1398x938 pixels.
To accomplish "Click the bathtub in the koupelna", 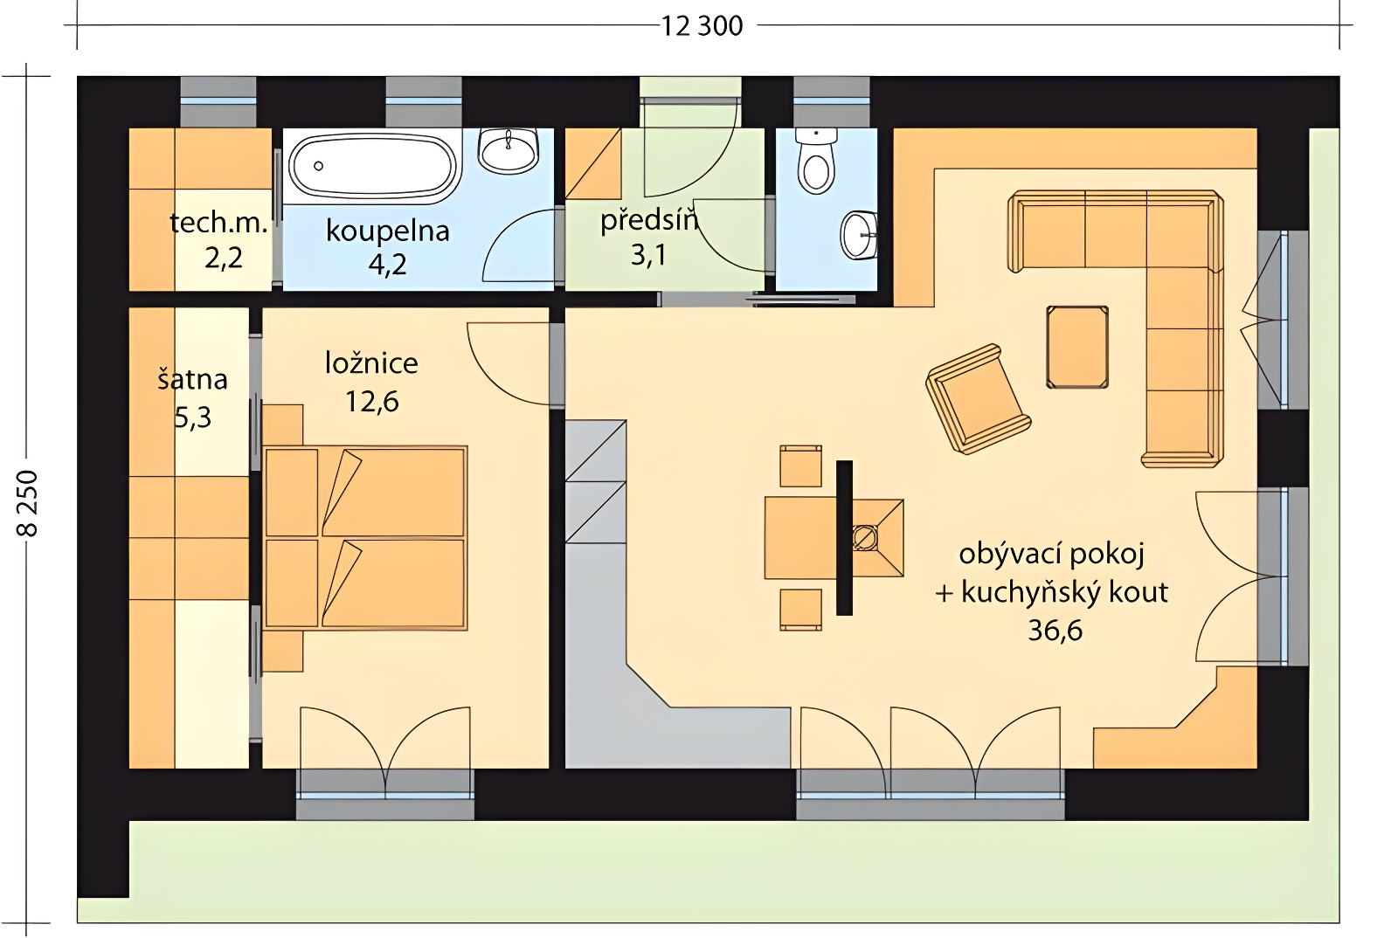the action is pyautogui.click(x=373, y=166).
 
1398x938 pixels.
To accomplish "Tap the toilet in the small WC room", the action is pyautogui.click(x=816, y=161).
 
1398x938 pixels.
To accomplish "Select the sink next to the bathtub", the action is pyautogui.click(x=508, y=151).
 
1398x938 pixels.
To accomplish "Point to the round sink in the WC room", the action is pyautogui.click(x=860, y=235).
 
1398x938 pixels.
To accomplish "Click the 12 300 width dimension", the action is pyautogui.click(x=702, y=26).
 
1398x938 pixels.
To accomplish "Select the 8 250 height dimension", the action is pyautogui.click(x=29, y=503).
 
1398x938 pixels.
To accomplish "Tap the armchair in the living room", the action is pyautogui.click(x=978, y=398).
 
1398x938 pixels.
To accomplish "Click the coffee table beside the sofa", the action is pyautogui.click(x=1077, y=348).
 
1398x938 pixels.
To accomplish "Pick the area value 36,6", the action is pyautogui.click(x=1055, y=631).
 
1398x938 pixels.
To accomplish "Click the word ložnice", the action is pyautogui.click(x=371, y=363).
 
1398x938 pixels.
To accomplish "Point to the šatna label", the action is pyautogui.click(x=192, y=379).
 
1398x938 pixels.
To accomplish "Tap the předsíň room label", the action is pyautogui.click(x=649, y=220).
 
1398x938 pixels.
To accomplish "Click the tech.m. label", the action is pyautogui.click(x=218, y=223).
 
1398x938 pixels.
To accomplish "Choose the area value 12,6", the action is pyautogui.click(x=372, y=402).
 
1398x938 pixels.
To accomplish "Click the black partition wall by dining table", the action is pyautogui.click(x=844, y=538).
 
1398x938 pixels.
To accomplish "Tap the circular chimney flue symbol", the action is pyautogui.click(x=865, y=537).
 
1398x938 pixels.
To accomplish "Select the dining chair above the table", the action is pyautogui.click(x=800, y=466).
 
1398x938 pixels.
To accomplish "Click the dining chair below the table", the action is pyautogui.click(x=800, y=610).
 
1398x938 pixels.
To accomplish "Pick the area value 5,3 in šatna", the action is pyautogui.click(x=192, y=417).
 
